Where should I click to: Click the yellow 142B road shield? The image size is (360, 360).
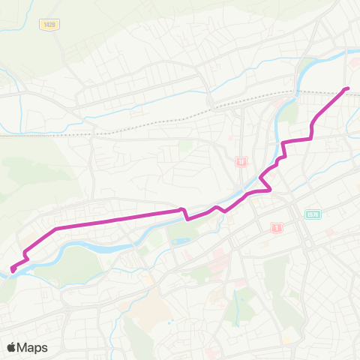49,25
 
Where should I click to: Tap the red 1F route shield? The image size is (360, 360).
241,161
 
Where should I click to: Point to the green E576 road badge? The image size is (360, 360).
313,214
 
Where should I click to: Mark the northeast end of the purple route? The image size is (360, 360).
348,89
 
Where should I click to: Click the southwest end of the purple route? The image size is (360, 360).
13,269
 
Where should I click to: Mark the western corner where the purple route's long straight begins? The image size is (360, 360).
57,227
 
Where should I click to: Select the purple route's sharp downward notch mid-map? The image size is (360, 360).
185,216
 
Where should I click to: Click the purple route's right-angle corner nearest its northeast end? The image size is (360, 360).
310,138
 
